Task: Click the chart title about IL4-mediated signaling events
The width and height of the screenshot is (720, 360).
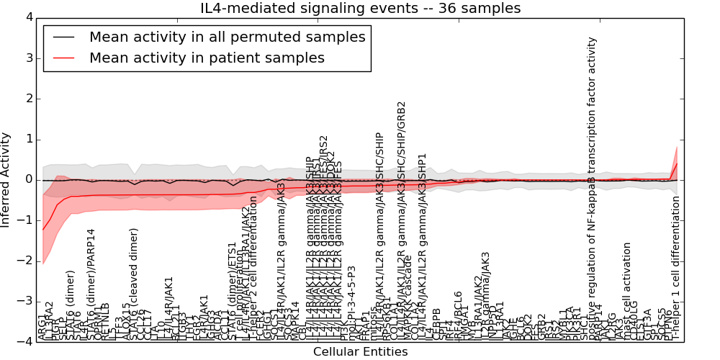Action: pos(360,8)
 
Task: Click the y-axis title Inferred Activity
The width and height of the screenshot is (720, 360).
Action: pos(6,179)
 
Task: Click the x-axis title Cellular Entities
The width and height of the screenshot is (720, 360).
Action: pos(360,352)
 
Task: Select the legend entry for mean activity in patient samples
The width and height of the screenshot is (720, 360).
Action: pos(207,58)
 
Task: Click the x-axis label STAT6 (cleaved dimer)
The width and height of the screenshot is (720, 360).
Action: pos(134,284)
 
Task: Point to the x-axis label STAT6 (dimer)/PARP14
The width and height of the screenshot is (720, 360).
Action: pos(91,284)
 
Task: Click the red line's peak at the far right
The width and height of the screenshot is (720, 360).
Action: pos(677,163)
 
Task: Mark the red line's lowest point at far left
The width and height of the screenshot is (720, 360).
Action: pos(43,230)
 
